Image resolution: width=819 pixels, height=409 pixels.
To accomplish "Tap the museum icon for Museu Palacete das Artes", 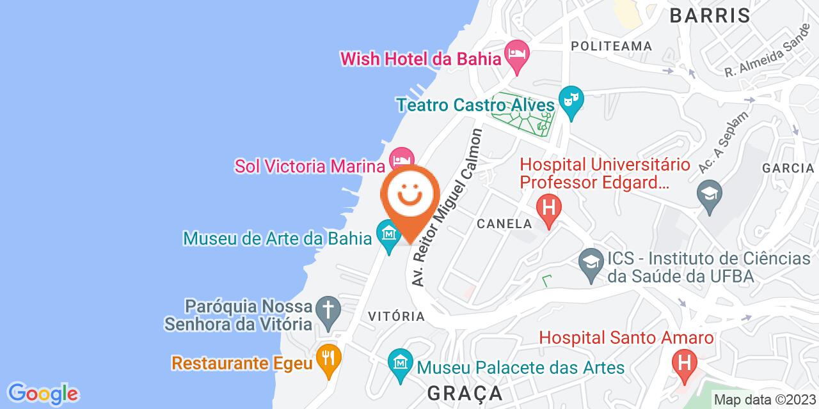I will [401, 366].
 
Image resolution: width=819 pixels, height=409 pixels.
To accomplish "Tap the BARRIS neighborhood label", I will [710, 15].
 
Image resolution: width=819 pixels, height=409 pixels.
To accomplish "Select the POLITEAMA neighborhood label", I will [612, 46].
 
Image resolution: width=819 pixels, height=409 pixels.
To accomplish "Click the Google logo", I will [43, 393].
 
